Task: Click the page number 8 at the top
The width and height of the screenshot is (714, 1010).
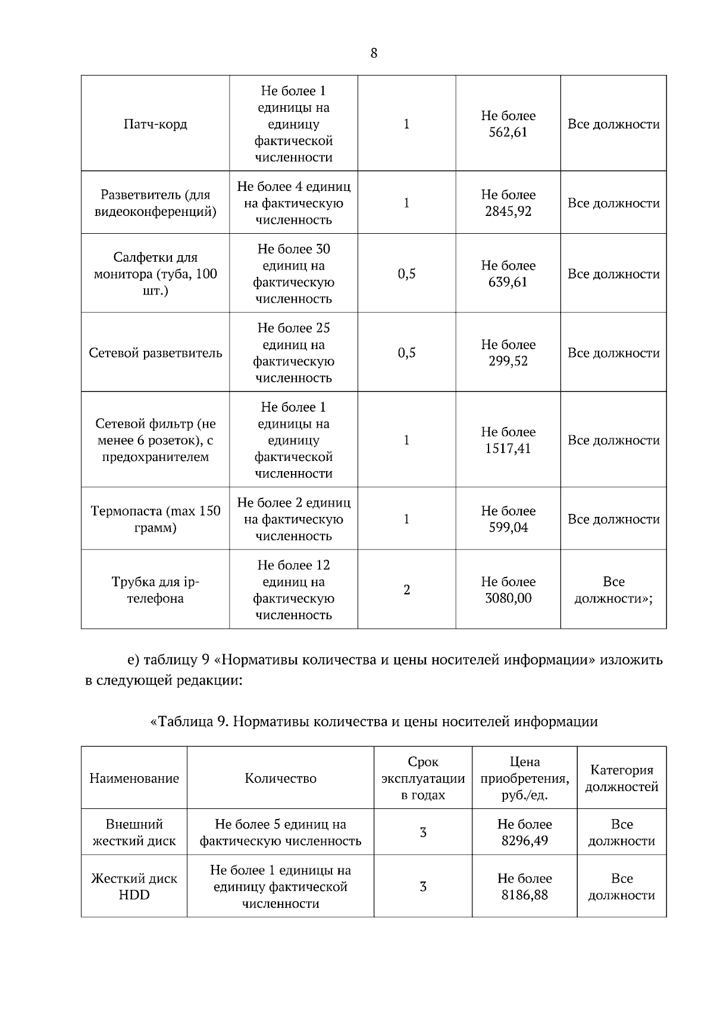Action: pos(374,54)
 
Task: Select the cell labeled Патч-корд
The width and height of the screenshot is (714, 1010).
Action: pos(155,124)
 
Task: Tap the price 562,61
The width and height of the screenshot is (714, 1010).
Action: pos(508,133)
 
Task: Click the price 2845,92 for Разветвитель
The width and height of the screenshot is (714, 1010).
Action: pos(508,212)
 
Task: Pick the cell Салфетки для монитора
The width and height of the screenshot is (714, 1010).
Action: pos(155,274)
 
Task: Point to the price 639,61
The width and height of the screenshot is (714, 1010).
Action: pos(508,283)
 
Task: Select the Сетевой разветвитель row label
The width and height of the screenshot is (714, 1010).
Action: pos(155,353)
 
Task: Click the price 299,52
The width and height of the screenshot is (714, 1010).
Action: pos(508,362)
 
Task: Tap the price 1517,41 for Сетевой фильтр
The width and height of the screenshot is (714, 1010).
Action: pos(508,449)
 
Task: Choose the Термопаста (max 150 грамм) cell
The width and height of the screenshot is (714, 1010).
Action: pos(155,519)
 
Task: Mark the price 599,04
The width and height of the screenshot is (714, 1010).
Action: pos(508,528)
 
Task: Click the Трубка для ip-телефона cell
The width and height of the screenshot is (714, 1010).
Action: pos(155,590)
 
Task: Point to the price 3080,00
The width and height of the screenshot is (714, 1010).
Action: pos(508,598)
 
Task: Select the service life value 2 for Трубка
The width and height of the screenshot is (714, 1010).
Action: pos(406,590)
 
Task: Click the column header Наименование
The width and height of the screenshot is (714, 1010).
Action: pos(134,779)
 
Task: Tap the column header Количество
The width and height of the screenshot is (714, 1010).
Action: pos(280,779)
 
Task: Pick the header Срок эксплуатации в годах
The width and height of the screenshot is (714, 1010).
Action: pos(422,779)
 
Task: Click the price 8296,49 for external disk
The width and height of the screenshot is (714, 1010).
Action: pos(524,841)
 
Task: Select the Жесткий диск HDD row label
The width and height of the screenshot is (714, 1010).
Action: pos(134,887)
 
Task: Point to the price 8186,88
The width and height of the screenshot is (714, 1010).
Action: pos(524,895)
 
